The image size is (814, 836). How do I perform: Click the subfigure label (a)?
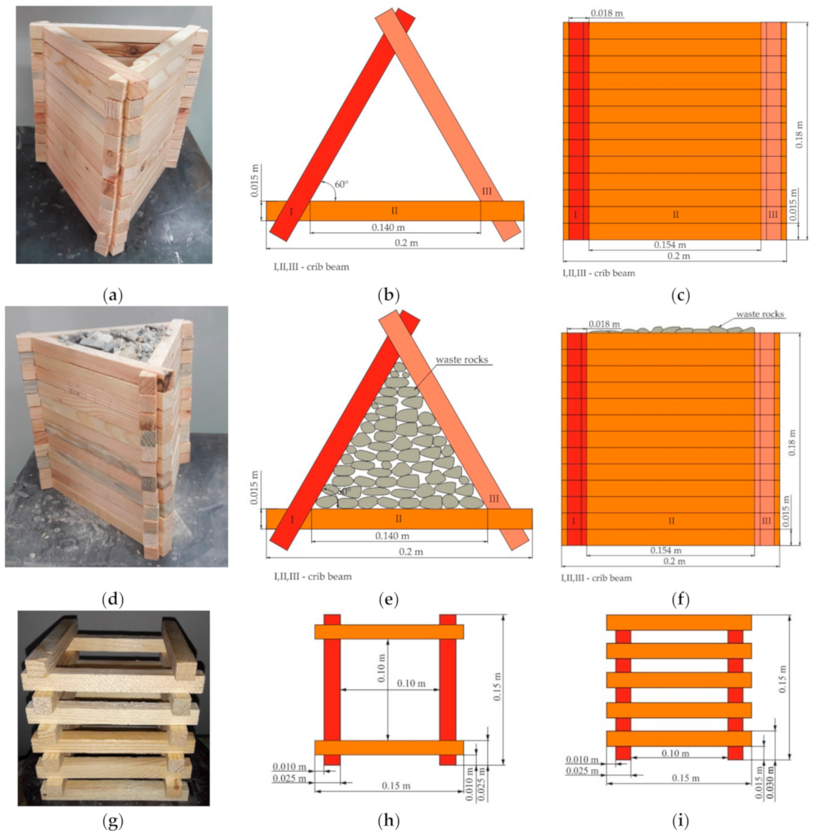(x=113, y=295)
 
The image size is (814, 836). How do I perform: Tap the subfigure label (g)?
(x=113, y=821)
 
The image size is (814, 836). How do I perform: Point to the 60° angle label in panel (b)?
(x=342, y=184)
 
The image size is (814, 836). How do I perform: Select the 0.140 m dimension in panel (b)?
(x=388, y=227)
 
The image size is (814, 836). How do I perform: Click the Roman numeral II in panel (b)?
(x=394, y=211)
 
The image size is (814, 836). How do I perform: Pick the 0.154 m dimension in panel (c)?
(x=670, y=245)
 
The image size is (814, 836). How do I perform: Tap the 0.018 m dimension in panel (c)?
(x=606, y=13)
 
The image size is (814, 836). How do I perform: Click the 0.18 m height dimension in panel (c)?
(x=799, y=134)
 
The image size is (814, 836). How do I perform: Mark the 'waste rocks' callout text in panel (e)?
(x=462, y=359)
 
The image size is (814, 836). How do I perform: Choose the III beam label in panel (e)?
(x=494, y=499)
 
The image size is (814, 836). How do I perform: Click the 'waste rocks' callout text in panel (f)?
(x=760, y=314)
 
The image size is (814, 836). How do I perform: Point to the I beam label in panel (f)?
(x=574, y=521)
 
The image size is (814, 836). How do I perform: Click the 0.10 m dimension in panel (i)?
(x=675, y=753)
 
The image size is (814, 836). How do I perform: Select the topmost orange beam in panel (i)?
(x=679, y=623)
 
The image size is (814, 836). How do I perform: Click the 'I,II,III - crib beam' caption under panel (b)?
(x=312, y=267)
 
